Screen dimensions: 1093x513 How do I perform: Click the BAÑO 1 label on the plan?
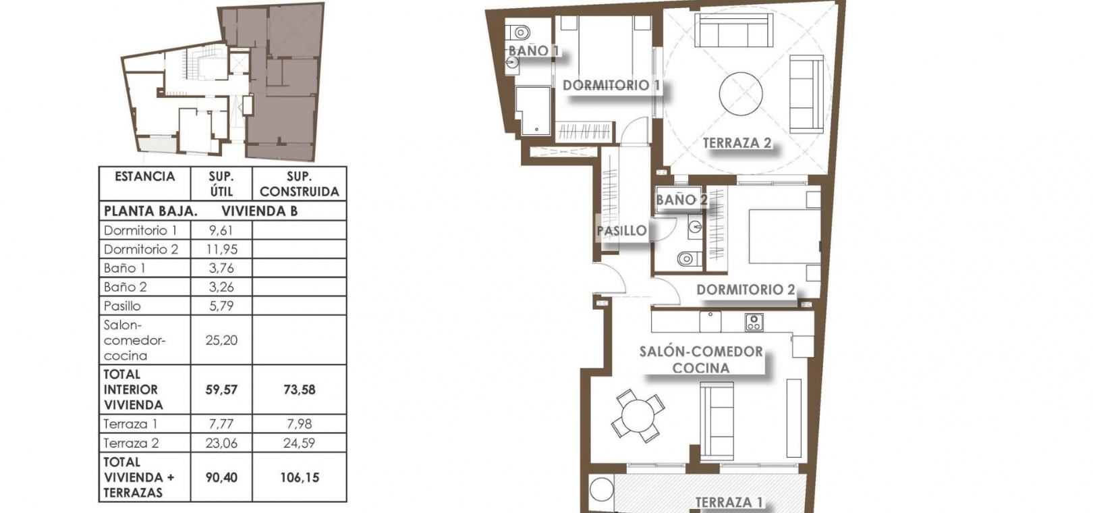click(x=533, y=50)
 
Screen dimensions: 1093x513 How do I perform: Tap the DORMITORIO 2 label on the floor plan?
click(x=746, y=290)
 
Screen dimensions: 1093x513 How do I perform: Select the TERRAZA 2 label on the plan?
click(x=737, y=143)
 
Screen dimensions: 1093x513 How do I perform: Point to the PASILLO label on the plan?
click(x=621, y=230)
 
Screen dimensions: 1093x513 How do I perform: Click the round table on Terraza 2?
click(x=741, y=94)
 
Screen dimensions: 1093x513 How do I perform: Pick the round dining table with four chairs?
click(x=638, y=415)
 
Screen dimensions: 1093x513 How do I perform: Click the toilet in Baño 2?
click(x=688, y=259)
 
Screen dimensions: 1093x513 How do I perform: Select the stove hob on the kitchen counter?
click(x=754, y=323)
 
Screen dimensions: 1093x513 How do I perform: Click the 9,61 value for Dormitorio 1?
click(x=221, y=230)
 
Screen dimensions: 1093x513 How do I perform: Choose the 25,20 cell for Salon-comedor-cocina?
click(x=221, y=340)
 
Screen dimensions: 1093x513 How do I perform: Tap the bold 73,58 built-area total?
click(x=299, y=389)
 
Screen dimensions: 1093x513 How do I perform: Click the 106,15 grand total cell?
click(x=299, y=477)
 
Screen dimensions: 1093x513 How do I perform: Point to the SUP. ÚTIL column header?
click(x=221, y=184)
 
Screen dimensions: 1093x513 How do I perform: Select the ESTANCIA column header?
click(x=144, y=176)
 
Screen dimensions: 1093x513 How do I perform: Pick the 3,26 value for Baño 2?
click(x=221, y=286)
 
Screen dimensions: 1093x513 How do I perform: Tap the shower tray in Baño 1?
click(x=533, y=111)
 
